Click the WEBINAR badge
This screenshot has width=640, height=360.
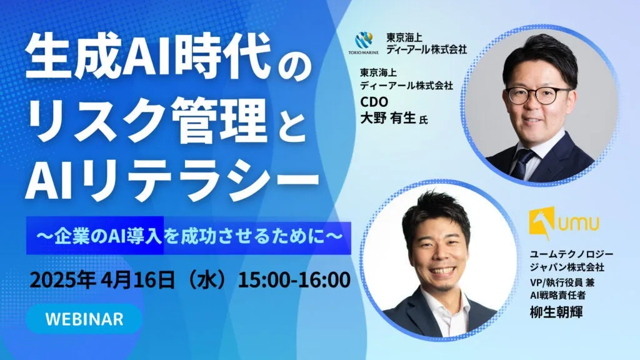click(84, 319)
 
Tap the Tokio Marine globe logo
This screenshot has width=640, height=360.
click(363, 41)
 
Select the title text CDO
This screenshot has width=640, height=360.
click(374, 101)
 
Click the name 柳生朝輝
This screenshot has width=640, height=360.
click(556, 312)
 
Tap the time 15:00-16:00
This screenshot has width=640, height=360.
click(294, 280)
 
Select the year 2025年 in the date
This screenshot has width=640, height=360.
click(62, 280)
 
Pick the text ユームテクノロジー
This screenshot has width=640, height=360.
click(571, 254)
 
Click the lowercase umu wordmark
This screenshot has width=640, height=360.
click(579, 224)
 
